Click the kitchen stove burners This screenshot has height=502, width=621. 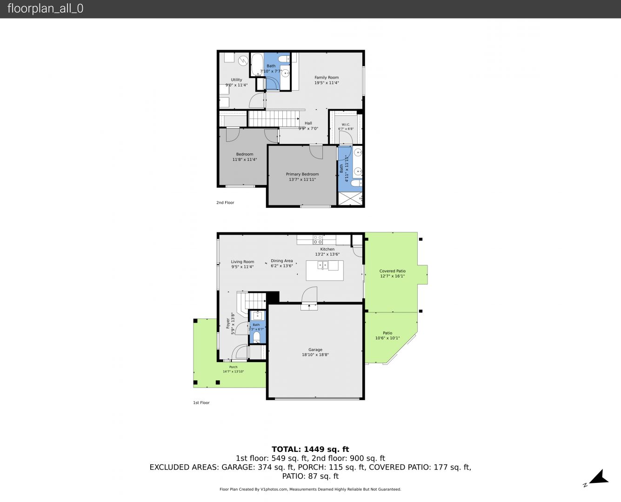(x=318, y=240)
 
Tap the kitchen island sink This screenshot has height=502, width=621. (x=323, y=265)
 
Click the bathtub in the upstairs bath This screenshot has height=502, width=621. (x=257, y=65)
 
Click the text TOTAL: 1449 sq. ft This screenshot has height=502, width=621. (x=310, y=449)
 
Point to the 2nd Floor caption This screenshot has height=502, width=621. (x=225, y=203)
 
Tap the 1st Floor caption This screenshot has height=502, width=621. (x=201, y=403)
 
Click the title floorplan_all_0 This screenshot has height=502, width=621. (x=45, y=8)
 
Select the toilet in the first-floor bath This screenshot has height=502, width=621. (x=257, y=337)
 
